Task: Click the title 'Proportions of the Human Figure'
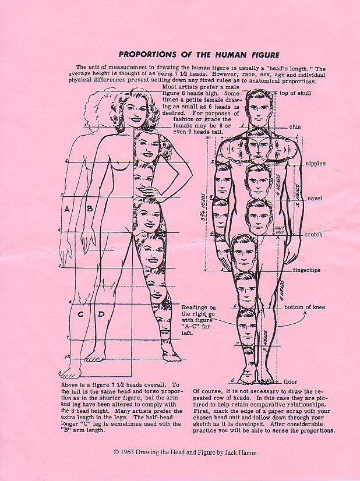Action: [x=199, y=55]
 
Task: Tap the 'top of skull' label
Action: [x=295, y=93]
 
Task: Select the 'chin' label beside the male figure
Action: [x=295, y=127]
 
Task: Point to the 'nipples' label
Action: [x=315, y=164]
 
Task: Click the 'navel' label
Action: [x=315, y=199]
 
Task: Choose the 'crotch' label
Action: [x=313, y=234]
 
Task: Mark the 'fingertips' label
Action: [x=306, y=270]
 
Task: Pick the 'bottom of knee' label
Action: [x=305, y=307]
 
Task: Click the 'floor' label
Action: [x=290, y=382]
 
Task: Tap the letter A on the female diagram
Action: [x=67, y=209]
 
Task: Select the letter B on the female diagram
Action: [x=90, y=209]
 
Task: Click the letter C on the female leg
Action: [x=80, y=314]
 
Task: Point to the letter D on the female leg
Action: [x=101, y=314]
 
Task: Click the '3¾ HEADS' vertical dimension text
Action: [x=203, y=204]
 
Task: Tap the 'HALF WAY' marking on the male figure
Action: [x=279, y=230]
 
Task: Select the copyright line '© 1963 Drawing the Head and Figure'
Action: [x=164, y=452]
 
